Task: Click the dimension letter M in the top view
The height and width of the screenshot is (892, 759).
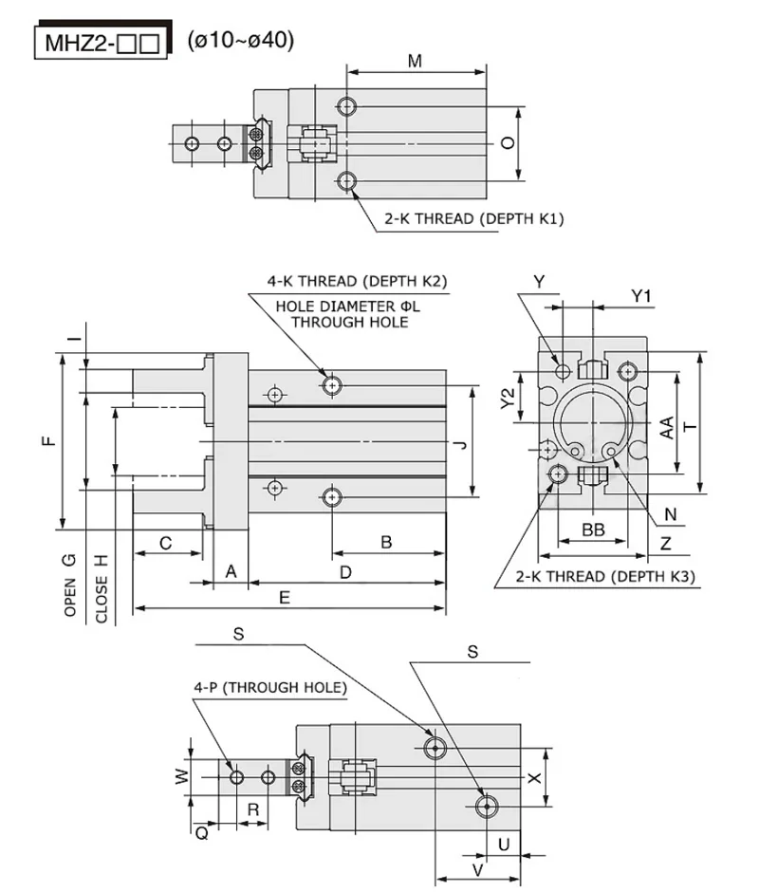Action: [x=415, y=61]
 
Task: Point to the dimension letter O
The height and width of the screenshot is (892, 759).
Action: [x=508, y=142]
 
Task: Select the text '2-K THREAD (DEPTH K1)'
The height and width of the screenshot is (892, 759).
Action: [x=474, y=219]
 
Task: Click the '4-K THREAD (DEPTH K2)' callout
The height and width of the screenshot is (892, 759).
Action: [x=358, y=281]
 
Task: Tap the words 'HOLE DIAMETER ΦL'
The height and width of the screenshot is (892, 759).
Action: [x=347, y=307]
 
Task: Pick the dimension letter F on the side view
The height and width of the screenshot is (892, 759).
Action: [x=49, y=441]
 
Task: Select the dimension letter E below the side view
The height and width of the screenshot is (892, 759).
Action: [x=285, y=597]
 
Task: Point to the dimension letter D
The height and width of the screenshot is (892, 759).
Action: [x=346, y=572]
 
